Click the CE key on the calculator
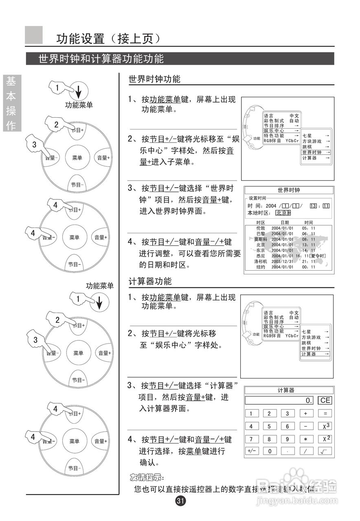coord(325,400)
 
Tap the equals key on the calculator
coord(325,414)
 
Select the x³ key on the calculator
coord(325,426)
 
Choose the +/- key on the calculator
coord(251,451)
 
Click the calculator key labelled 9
coord(287,439)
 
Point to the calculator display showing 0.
coord(279,401)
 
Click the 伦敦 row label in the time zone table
coord(260,228)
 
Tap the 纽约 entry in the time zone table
coord(260,267)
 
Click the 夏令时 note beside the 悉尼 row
coord(318,256)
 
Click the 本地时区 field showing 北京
coord(283,213)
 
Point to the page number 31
coord(180,501)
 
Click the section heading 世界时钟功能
coord(154,79)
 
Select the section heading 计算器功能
coord(150,281)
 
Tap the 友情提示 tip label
coord(146,477)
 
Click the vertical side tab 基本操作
coord(11,103)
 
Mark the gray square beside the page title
coord(34,35)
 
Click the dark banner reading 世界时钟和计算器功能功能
coord(180,59)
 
